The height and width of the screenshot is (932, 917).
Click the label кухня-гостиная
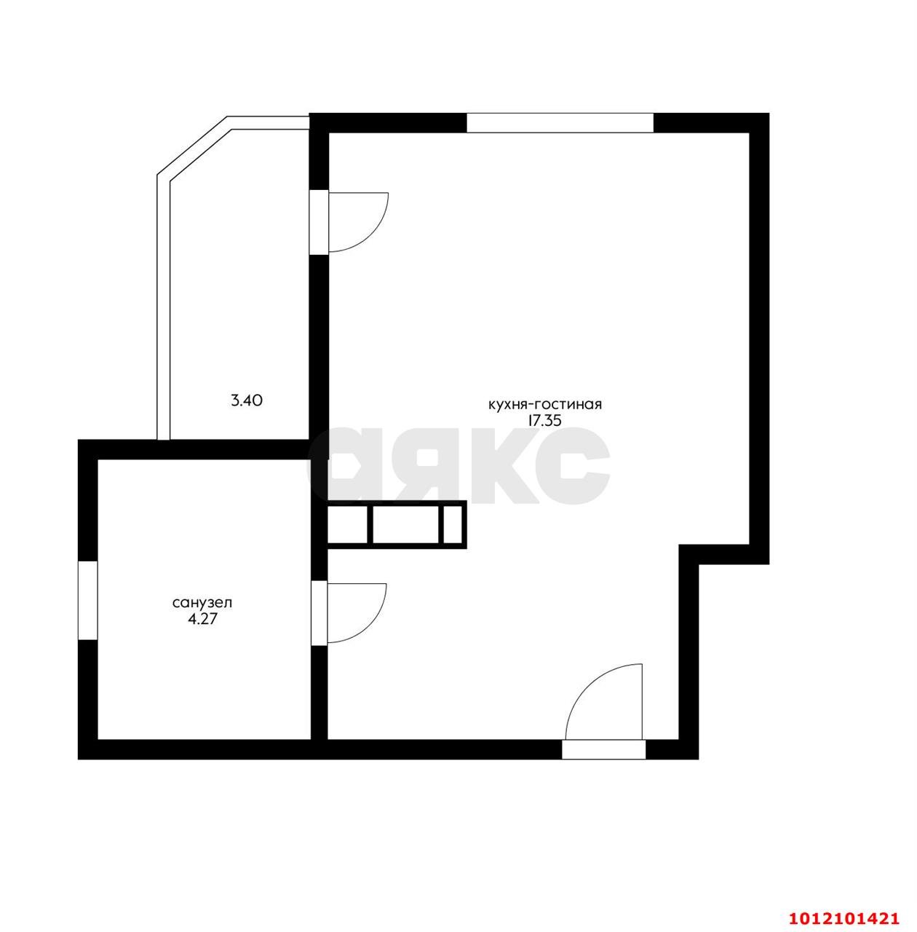(x=544, y=404)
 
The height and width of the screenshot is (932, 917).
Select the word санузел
(x=202, y=603)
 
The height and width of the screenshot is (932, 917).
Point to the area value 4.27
(x=203, y=620)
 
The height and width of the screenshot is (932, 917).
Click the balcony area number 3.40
(x=246, y=400)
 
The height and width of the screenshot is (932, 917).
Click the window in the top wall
(x=560, y=122)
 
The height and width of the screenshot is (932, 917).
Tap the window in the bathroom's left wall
(x=87, y=600)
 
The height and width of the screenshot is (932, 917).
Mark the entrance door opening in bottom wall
(x=603, y=749)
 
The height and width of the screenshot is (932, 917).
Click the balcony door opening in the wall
(x=319, y=222)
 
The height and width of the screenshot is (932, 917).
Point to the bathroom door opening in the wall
(x=319, y=612)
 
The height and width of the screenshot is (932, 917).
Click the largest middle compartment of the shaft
(x=405, y=524)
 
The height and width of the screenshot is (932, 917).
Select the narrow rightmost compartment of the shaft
(x=452, y=524)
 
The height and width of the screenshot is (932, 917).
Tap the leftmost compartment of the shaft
(x=348, y=524)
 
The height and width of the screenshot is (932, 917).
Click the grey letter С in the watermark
(x=575, y=466)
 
